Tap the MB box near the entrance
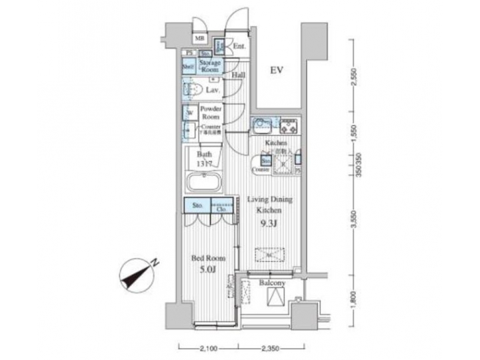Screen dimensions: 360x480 coord(199,39)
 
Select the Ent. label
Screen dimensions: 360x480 coord(240,46)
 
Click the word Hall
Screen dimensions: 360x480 coord(239,75)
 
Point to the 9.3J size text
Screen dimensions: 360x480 coord(267,222)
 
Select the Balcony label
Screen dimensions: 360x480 coord(272,283)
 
